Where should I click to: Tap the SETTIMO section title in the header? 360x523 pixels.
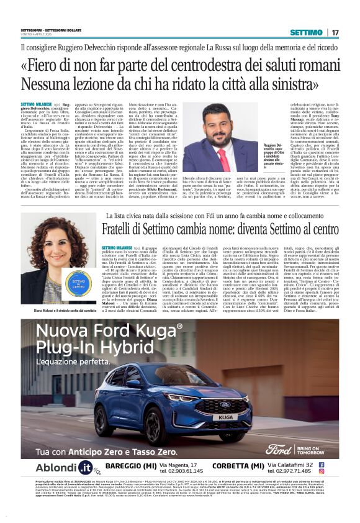(306, 32)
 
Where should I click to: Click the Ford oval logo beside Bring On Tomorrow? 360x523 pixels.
(277, 448)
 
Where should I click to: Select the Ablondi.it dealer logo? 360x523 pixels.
(64, 468)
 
